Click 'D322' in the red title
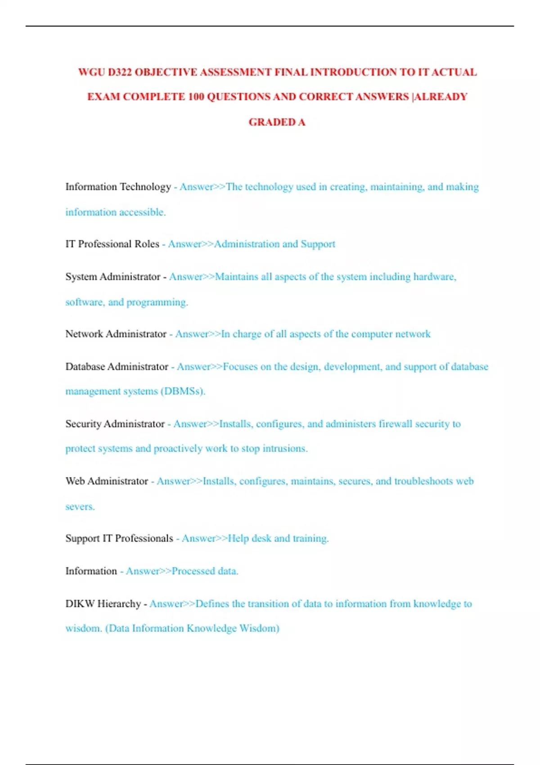(x=120, y=72)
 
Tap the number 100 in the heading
(x=196, y=97)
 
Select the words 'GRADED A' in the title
(x=277, y=122)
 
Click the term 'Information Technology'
(x=118, y=187)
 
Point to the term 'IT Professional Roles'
(x=112, y=244)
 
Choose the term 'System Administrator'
(x=112, y=277)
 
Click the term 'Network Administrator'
(x=116, y=334)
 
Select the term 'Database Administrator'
(x=117, y=367)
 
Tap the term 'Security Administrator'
(x=115, y=424)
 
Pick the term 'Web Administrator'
(x=107, y=481)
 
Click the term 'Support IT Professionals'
(x=119, y=538)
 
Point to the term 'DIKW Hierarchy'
(x=103, y=604)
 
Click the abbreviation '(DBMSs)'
(x=183, y=391)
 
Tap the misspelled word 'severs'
(x=80, y=507)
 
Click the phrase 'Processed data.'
(x=205, y=571)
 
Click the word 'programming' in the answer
(x=157, y=302)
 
